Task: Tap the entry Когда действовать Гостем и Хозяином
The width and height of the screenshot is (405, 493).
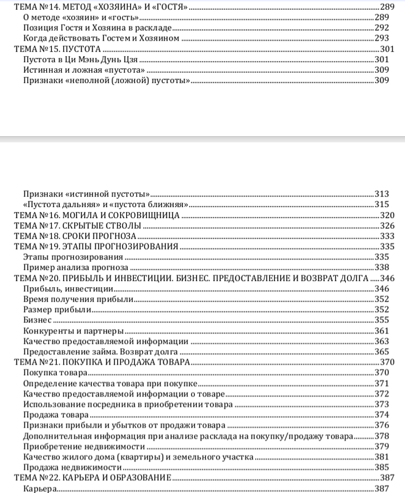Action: [x=100, y=38]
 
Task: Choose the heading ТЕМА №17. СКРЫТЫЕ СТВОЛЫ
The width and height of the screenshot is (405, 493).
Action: [x=78, y=226]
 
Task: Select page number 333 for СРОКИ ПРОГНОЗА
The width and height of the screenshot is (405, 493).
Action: [x=387, y=237]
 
